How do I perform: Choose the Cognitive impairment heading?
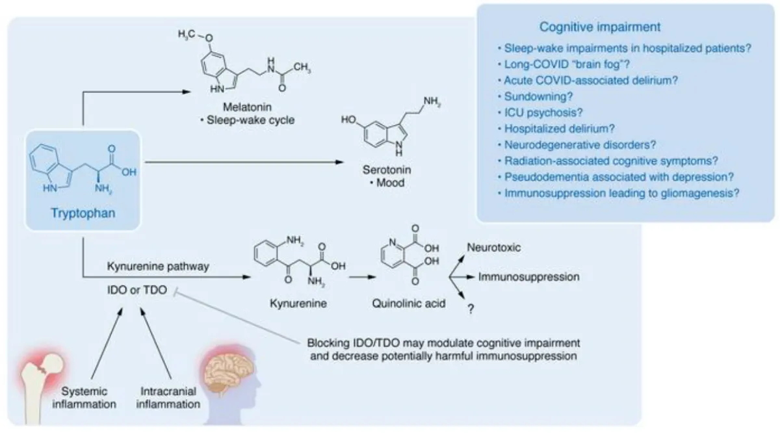point(601,27)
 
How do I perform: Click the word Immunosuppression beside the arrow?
point(528,277)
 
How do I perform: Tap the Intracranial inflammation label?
point(170,398)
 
